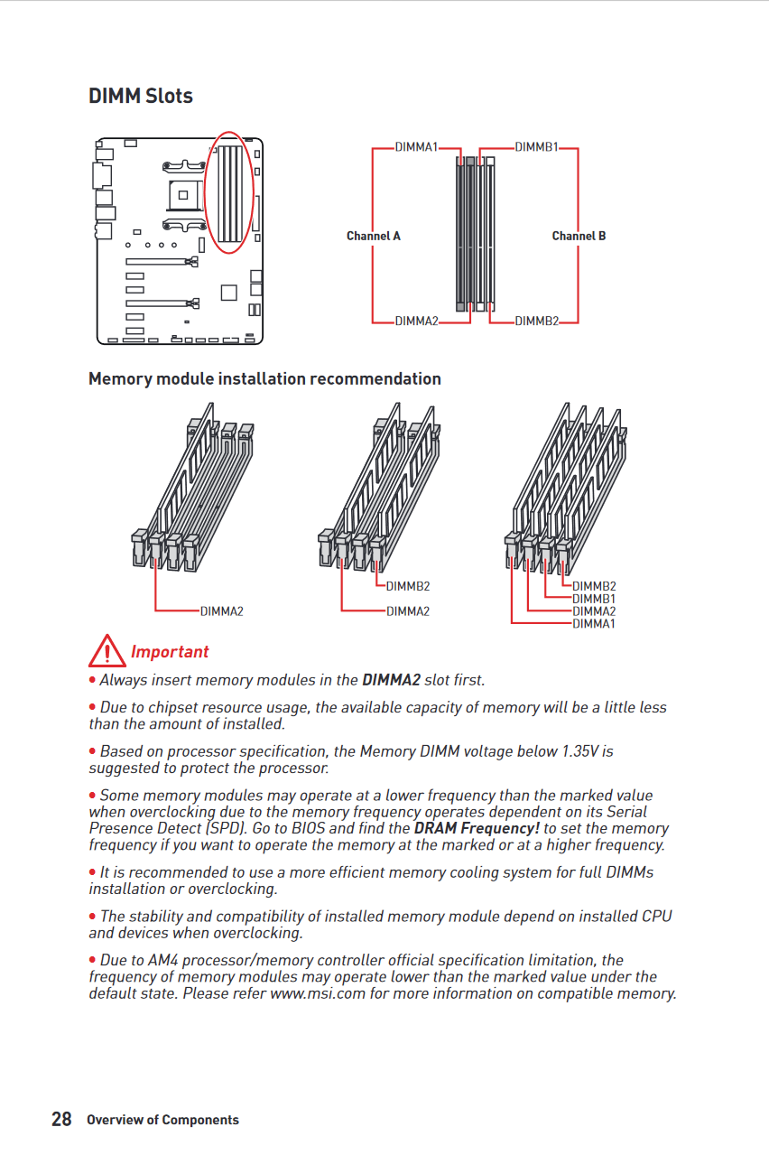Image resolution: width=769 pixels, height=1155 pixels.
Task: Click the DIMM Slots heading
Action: (141, 96)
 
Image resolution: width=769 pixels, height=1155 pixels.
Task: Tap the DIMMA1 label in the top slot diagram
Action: (416, 146)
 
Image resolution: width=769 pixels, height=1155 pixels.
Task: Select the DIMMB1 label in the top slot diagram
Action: (536, 146)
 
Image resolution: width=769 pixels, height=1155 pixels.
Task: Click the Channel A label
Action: (373, 236)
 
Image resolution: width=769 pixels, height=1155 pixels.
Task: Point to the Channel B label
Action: (579, 236)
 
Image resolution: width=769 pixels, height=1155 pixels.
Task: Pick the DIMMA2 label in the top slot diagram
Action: (416, 321)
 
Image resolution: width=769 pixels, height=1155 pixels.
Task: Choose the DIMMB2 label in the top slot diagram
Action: (536, 321)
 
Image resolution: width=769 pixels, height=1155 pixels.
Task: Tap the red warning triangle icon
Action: (107, 650)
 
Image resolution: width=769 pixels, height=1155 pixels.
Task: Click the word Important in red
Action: (170, 652)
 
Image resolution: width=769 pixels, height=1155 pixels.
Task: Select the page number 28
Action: (61, 1120)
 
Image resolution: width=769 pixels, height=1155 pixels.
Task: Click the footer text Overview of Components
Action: (162, 1120)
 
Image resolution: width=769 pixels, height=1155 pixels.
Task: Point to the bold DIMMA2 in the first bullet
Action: (391, 680)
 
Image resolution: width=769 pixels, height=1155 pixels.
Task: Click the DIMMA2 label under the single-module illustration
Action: (222, 611)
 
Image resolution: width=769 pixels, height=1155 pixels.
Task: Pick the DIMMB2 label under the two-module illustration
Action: (408, 587)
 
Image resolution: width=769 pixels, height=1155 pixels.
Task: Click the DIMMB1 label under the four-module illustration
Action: (594, 599)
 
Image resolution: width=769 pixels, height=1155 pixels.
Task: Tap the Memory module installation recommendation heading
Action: (264, 379)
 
